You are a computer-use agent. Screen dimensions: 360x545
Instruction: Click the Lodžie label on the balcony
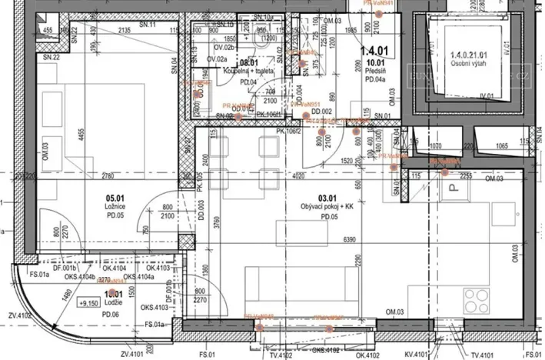pyautogui.click(x=114, y=303)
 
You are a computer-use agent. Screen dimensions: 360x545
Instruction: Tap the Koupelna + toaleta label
pyautogui.click(x=248, y=70)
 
